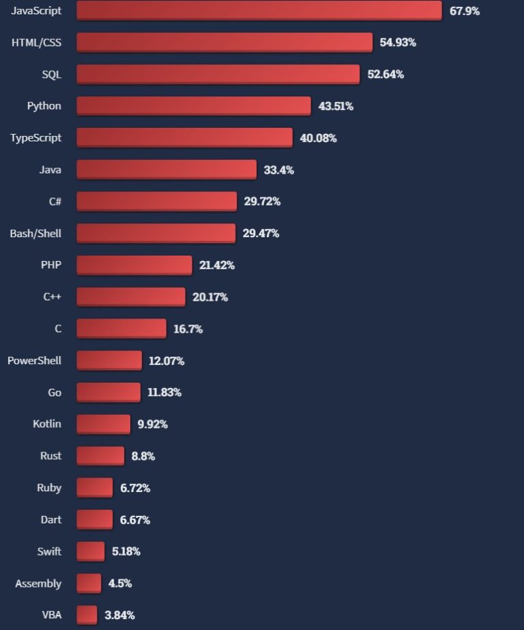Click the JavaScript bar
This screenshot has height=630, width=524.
tap(259, 10)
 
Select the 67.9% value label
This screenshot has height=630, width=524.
tap(465, 11)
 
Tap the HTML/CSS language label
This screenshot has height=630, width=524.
tap(36, 42)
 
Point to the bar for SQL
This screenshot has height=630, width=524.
tap(218, 74)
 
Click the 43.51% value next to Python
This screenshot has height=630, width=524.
tap(336, 106)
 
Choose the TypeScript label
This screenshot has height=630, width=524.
tap(35, 137)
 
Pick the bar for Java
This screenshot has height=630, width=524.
tap(166, 169)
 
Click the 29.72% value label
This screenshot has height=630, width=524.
tap(262, 202)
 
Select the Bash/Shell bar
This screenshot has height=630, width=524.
tap(156, 233)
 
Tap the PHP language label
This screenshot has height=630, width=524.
tap(50, 264)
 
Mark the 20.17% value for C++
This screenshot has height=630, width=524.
tap(210, 297)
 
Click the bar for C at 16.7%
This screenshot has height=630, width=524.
tap(121, 329)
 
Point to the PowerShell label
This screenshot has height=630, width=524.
tap(34, 360)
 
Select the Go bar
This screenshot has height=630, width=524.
tap(108, 392)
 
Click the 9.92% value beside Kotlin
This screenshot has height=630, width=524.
tap(153, 424)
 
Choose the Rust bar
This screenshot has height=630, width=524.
tap(100, 456)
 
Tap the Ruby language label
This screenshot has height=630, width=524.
tap(49, 488)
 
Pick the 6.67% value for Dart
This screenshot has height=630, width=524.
tap(135, 520)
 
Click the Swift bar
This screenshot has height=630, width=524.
tap(90, 551)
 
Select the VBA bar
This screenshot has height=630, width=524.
tap(87, 615)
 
